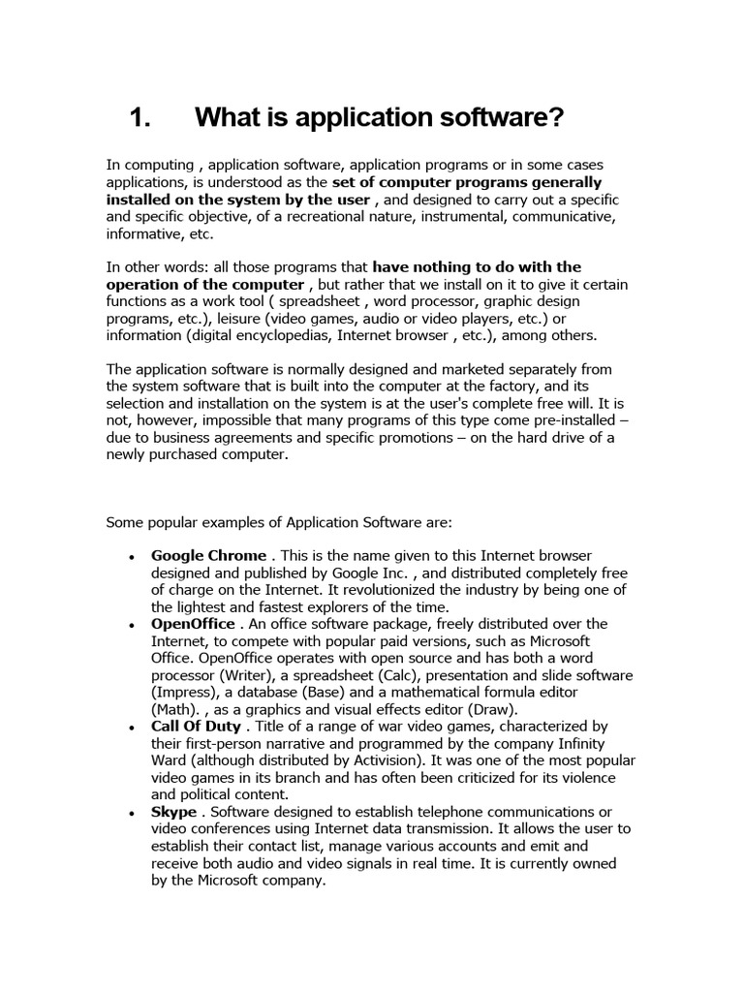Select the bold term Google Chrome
208,555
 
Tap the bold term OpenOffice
193,624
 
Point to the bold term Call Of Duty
197,726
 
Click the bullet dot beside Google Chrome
131,557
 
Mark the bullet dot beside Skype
131,813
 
